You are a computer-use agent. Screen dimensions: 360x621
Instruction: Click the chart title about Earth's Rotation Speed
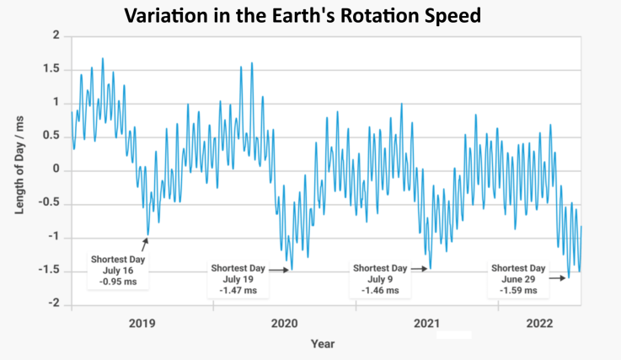pos(311,15)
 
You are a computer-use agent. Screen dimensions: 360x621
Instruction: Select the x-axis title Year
pos(322,343)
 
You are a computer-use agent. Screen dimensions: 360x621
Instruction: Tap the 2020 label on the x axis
pos(283,323)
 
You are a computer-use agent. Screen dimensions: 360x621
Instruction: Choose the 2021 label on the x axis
pos(426,323)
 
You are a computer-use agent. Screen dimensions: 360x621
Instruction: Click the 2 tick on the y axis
pos(56,35)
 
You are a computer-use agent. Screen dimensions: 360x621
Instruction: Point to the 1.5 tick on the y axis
pos(51,69)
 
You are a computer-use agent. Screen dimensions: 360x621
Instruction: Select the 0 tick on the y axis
pos(56,169)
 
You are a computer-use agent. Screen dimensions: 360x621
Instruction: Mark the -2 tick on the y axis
pos(52,304)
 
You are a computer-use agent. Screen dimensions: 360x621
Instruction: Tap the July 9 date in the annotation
pos(382,279)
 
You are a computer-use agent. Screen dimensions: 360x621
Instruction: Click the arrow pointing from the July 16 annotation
pos(144,244)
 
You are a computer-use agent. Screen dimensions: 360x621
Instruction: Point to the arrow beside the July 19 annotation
pos(280,269)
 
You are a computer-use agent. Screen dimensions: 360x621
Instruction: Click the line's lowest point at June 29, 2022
pos(568,277)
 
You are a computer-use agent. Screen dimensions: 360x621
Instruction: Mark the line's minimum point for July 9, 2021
pos(430,268)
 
